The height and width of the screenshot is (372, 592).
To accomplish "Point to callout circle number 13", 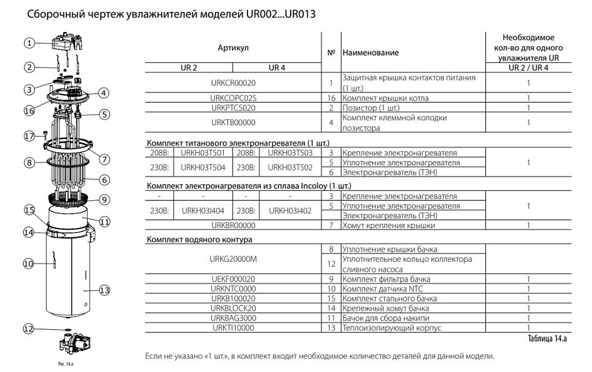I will (x=105, y=290).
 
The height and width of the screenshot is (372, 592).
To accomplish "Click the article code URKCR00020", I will (x=233, y=83).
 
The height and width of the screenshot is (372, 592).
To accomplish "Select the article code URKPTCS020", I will (x=233, y=108).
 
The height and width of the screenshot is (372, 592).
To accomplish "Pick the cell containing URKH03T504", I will (x=203, y=167).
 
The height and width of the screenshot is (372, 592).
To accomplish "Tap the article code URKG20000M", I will (x=233, y=259).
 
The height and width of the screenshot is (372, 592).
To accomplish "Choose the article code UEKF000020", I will (x=233, y=279).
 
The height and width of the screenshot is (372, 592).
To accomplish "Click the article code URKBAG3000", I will (x=233, y=318).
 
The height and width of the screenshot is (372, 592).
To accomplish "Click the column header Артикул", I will (x=233, y=46).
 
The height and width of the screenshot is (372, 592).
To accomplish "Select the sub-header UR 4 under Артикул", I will (x=277, y=68).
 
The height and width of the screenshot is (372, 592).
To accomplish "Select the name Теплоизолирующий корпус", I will (x=387, y=328).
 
